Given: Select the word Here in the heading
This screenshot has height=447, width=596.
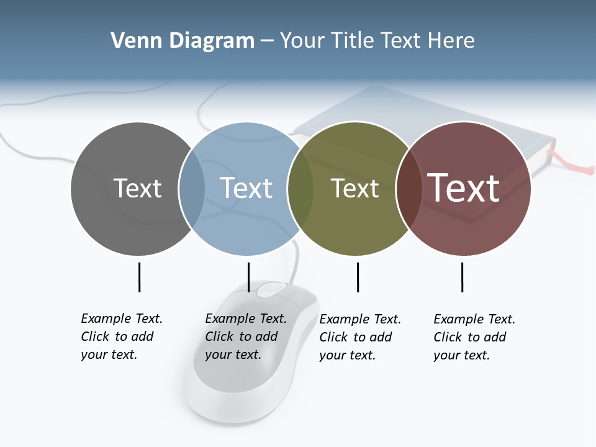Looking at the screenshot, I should click(451, 41).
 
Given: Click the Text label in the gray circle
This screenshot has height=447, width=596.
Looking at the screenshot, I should click(137, 188).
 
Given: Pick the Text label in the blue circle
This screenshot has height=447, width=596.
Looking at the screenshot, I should click(246, 188).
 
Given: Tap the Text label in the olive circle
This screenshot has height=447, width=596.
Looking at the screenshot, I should click(354, 188).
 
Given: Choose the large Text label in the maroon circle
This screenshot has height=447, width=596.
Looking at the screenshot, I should click(464, 187).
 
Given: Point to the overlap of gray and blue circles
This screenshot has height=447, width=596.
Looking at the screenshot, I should click(192, 188).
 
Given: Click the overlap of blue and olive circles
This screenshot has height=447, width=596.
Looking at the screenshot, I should click(300, 188).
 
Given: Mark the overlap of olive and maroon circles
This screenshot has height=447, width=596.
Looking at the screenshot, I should click(409, 188).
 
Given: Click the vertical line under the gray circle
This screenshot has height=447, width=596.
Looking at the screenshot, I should click(139, 277).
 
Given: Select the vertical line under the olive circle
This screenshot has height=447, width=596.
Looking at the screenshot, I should click(358, 277).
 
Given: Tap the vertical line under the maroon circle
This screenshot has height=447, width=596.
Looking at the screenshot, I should click(462, 277).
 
